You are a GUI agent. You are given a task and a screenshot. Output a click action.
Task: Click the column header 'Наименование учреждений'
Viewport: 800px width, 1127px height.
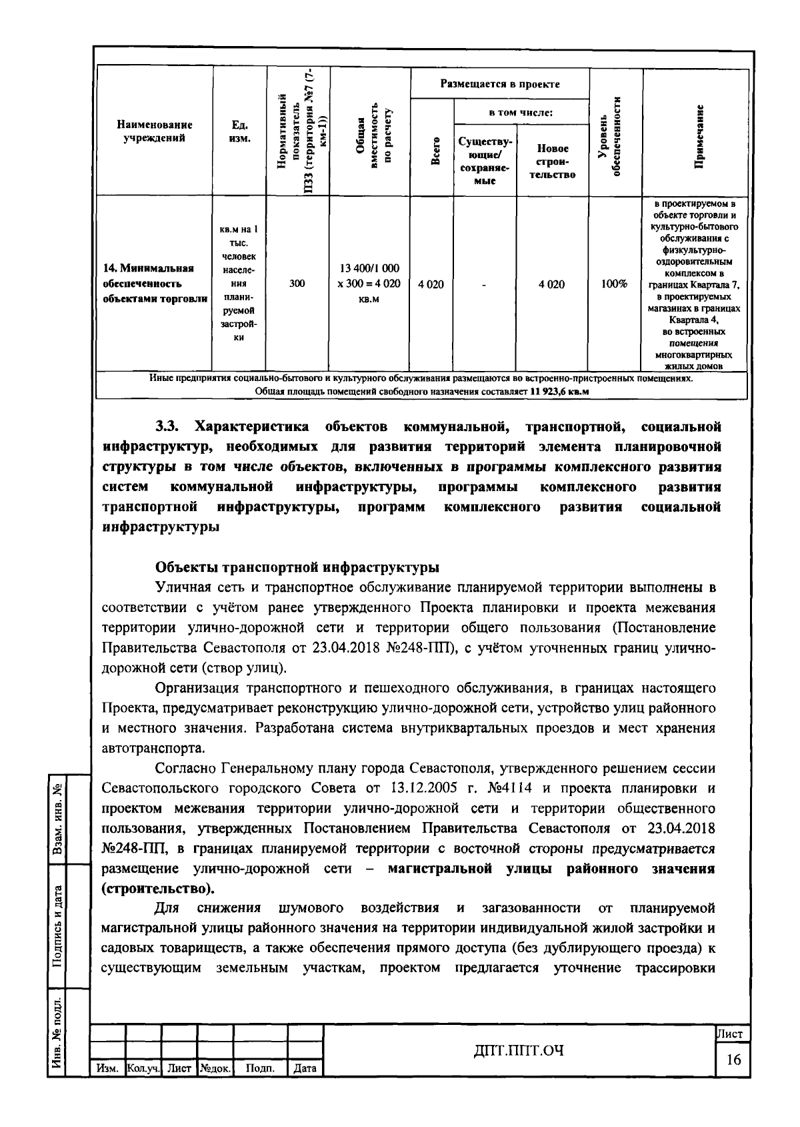tap(155, 131)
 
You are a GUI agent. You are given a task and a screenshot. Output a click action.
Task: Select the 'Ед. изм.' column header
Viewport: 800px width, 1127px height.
tap(239, 131)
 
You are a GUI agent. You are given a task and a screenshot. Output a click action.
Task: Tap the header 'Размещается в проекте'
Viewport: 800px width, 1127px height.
tap(500, 84)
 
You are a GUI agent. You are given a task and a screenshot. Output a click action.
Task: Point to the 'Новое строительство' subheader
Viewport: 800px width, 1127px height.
tap(552, 161)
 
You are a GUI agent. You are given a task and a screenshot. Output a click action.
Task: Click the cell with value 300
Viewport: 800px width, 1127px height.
tap(297, 284)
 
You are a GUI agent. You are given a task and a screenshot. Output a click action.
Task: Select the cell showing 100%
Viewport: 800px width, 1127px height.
tap(614, 284)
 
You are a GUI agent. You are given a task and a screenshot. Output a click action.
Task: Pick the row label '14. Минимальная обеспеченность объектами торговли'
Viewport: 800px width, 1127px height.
tap(155, 284)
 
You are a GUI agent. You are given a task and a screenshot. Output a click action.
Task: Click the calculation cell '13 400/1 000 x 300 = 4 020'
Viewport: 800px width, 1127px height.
tap(370, 284)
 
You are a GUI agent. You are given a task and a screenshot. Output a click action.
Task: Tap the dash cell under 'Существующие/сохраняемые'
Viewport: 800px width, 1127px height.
tap(485, 284)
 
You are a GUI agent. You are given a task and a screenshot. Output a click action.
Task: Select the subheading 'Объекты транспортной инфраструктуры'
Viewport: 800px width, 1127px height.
tap(297, 567)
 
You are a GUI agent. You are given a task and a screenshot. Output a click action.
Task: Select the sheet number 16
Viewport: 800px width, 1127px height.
tap(733, 1060)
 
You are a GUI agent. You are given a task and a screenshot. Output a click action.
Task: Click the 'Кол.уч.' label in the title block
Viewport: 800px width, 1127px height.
tap(143, 1068)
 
